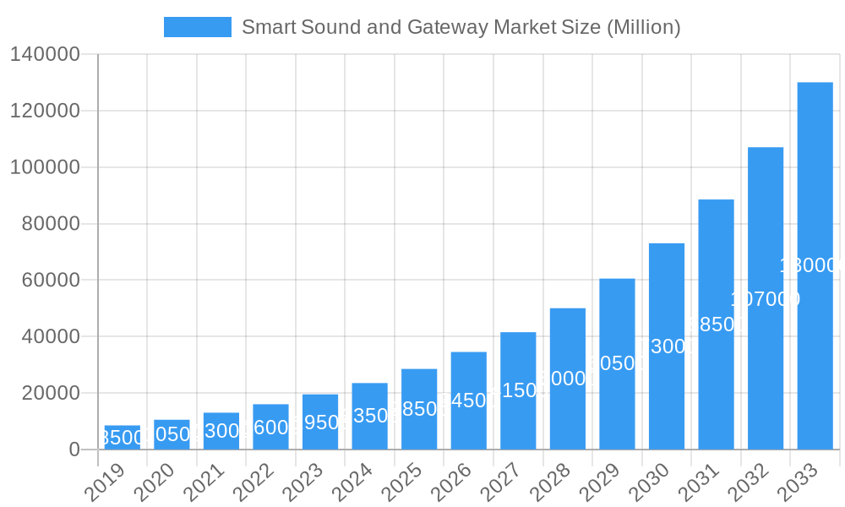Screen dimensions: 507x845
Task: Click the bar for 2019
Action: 123,438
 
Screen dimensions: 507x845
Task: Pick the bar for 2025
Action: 419,409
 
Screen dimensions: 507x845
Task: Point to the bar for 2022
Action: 270,427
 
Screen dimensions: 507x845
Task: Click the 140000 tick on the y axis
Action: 44,55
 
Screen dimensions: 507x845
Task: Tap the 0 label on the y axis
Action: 74,450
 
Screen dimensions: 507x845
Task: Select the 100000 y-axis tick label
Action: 44,167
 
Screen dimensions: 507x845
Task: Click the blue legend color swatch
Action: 197,27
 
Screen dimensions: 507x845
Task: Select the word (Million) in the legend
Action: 643,27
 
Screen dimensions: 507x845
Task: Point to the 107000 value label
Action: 766,299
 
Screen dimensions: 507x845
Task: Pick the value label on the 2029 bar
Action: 617,363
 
